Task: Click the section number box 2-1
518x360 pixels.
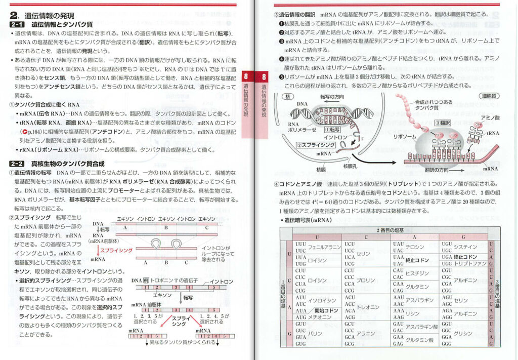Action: coord(19,24)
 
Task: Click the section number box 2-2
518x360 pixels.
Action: coord(19,164)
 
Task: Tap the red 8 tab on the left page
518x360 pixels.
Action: coord(246,77)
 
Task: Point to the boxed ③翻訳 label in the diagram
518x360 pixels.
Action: coord(443,123)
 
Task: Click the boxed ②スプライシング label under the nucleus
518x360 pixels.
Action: coord(312,144)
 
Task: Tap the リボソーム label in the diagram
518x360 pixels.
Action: coord(404,137)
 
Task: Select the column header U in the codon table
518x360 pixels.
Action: coord(317,237)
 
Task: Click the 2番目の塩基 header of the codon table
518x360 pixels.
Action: coord(390,230)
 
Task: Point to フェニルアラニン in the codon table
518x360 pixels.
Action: coord(325,247)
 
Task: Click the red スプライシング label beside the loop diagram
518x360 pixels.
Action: coord(117,250)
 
